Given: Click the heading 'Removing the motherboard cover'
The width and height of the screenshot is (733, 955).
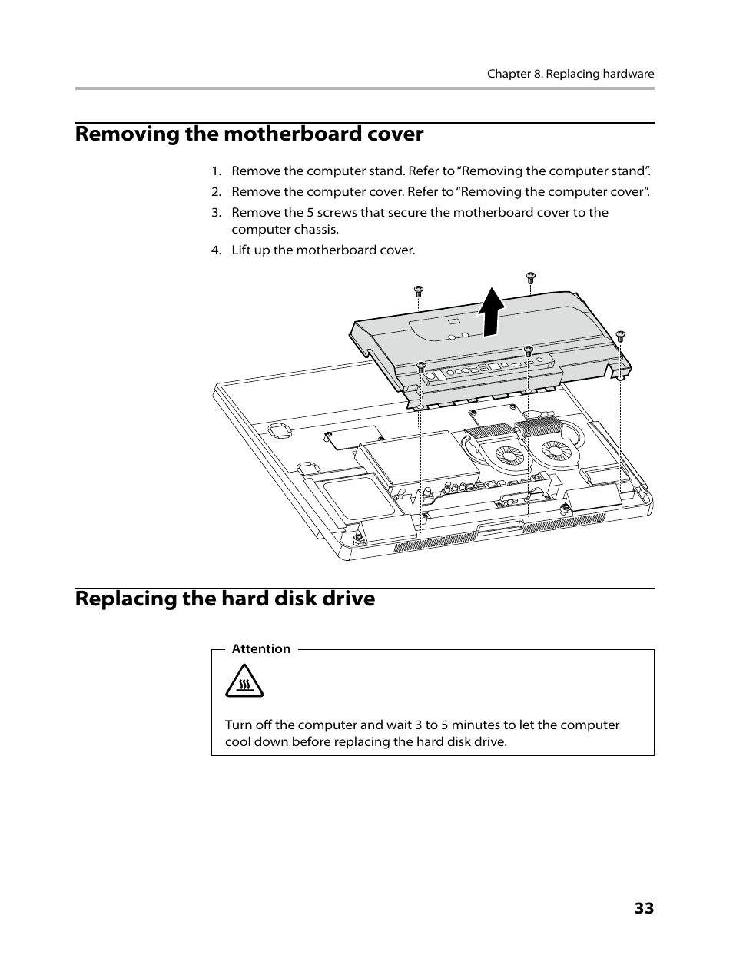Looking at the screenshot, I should [x=249, y=134].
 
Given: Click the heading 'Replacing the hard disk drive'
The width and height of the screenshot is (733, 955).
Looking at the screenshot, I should [x=225, y=599].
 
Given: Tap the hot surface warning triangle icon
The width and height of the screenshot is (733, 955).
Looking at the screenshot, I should [x=244, y=681].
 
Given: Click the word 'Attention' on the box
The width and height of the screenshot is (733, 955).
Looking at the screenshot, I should [x=260, y=649].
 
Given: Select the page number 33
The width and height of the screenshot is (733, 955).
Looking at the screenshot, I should [x=644, y=908].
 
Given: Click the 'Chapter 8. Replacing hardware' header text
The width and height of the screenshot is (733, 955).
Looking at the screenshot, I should [x=570, y=74].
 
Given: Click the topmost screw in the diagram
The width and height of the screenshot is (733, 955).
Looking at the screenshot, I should [x=530, y=277].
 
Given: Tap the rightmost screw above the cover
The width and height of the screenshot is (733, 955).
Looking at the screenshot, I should [x=621, y=336].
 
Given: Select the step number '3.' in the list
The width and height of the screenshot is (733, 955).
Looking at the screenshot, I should [x=217, y=213].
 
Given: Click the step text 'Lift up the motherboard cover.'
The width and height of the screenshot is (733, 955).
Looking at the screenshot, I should [x=323, y=250].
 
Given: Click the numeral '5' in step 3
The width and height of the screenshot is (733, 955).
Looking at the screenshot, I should [x=311, y=213].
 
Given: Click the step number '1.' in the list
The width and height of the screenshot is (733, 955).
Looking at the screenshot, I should [x=217, y=171].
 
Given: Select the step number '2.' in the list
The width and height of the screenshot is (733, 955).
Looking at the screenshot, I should [x=217, y=192].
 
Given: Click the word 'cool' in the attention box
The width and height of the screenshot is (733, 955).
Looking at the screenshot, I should [x=238, y=742].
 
